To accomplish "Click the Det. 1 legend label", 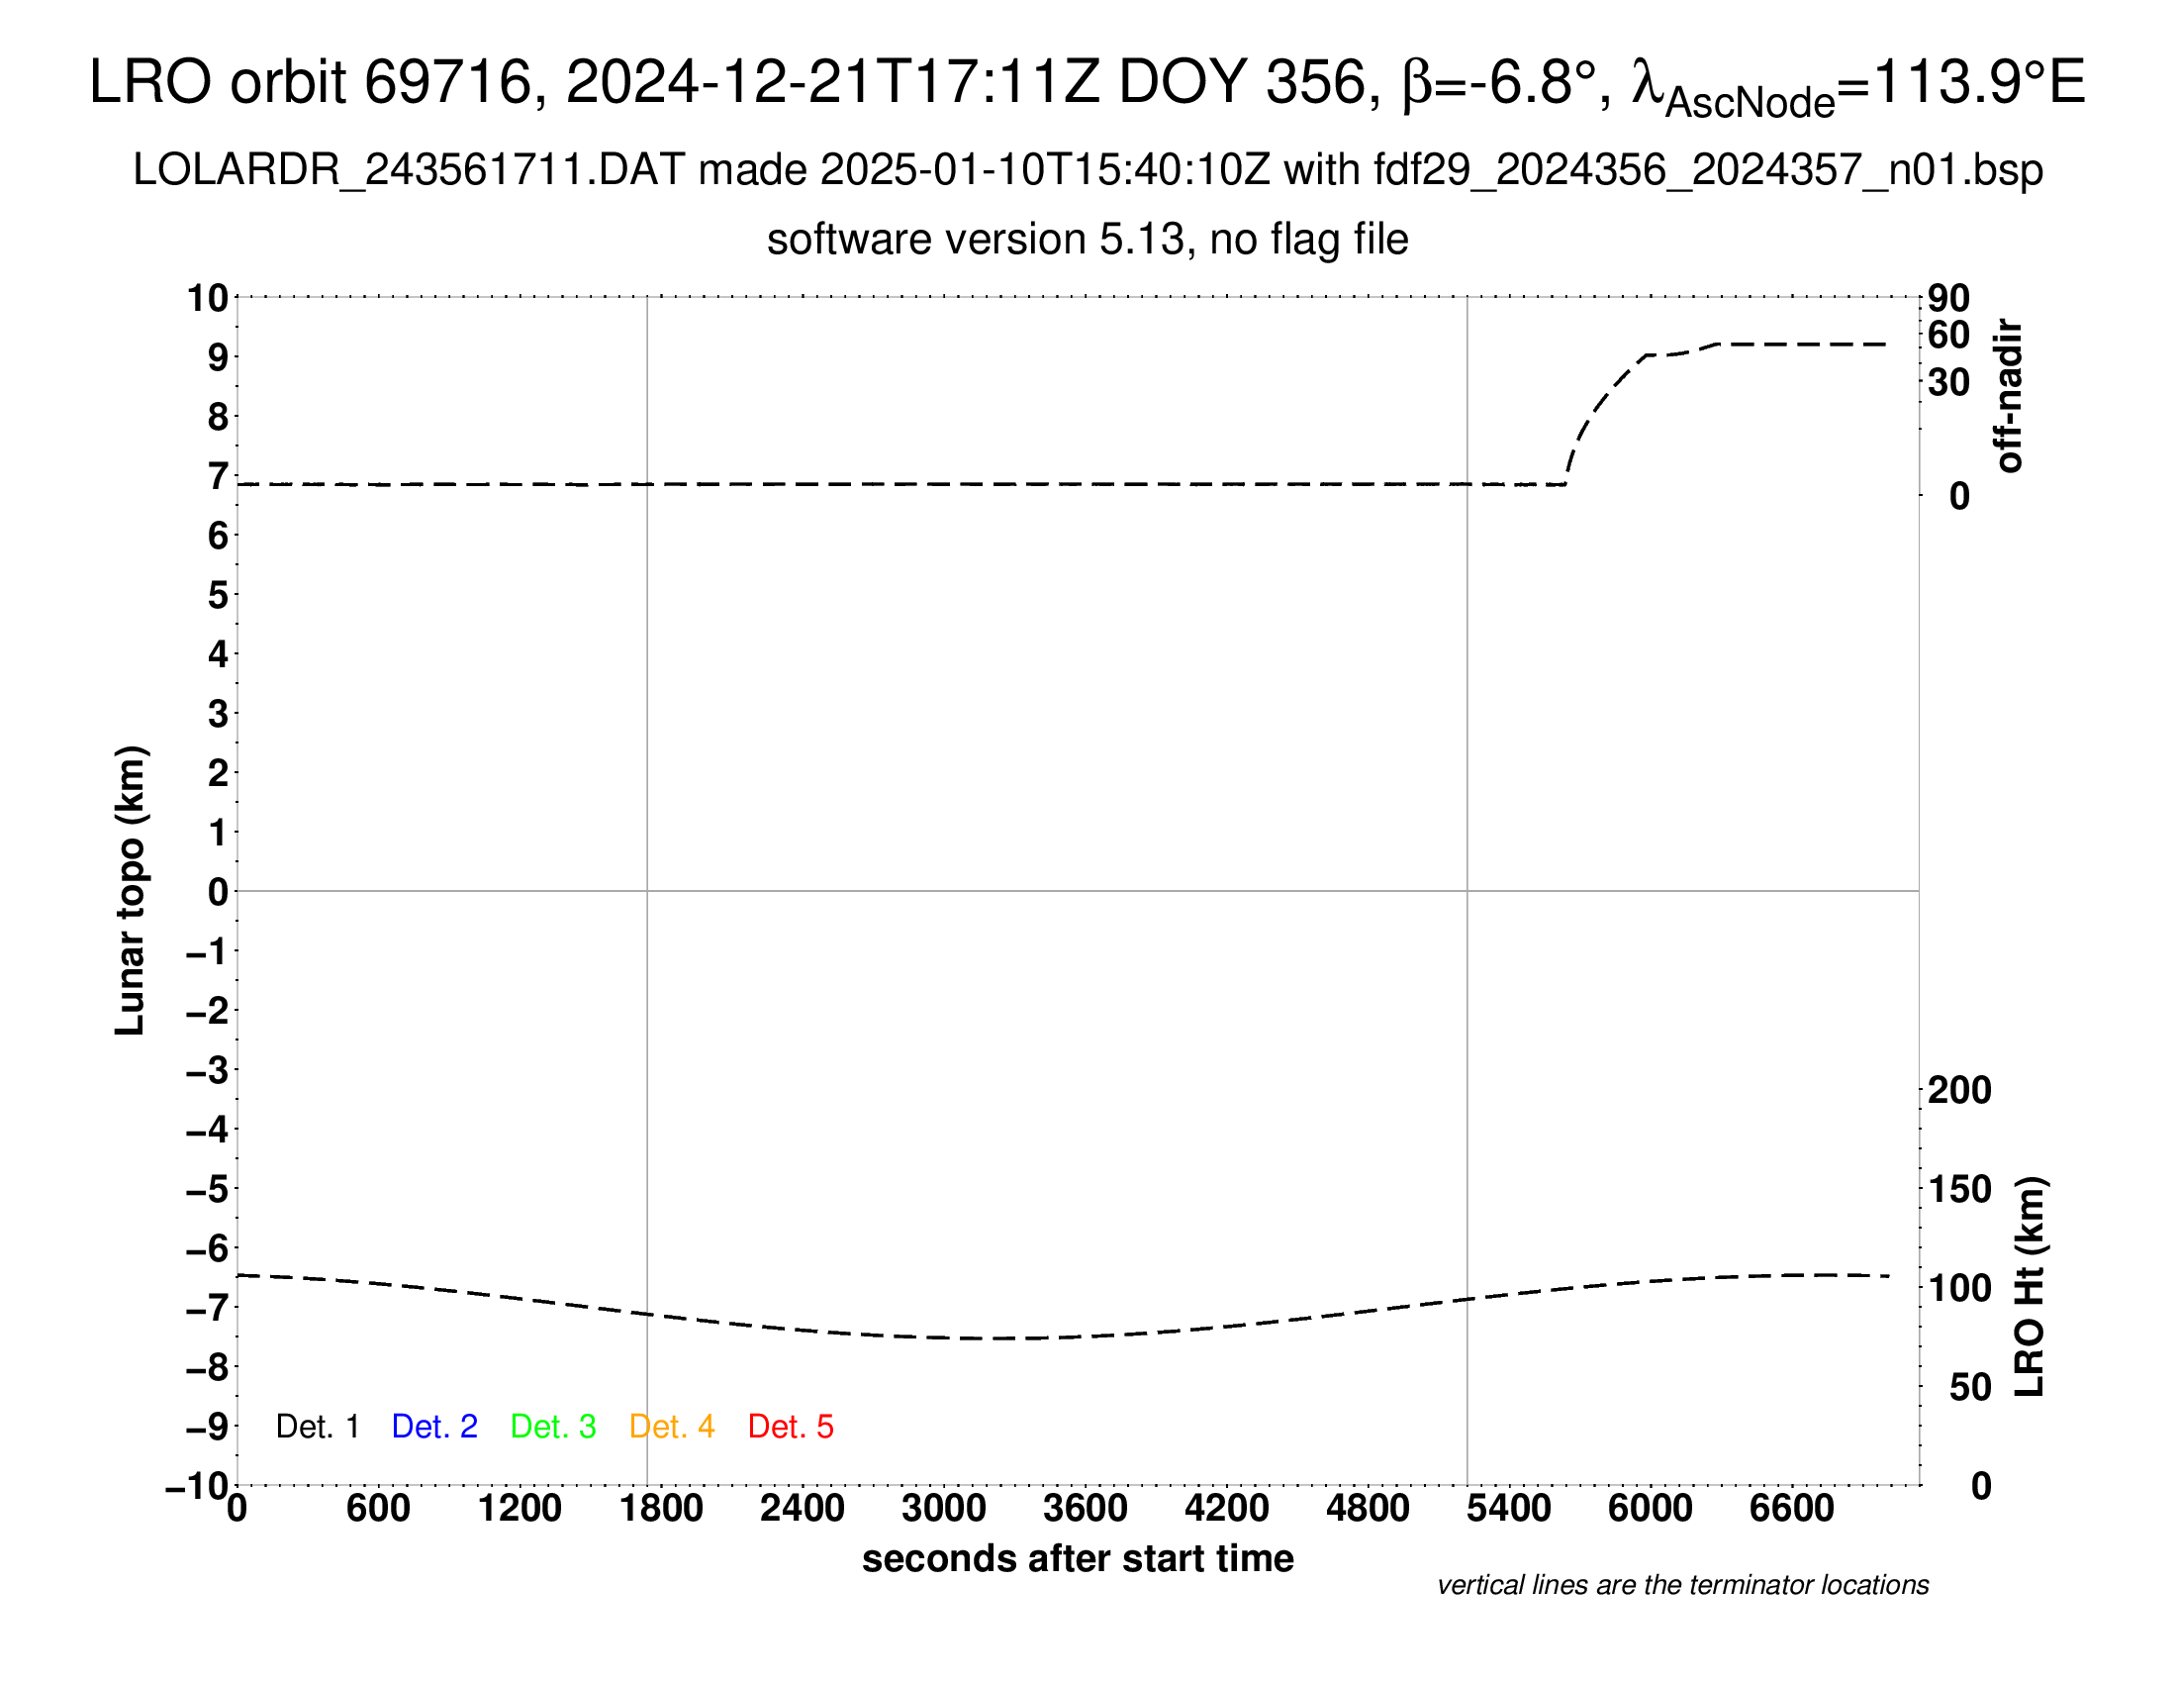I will pos(317,1427).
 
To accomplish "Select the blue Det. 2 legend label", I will pos(434,1427).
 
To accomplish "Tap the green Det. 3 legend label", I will pos(553,1427).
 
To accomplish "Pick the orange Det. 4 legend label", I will pos(672,1427).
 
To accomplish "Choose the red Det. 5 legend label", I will pos(791,1427).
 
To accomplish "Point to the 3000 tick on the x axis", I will pos(943,1508).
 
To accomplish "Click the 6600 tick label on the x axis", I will pos(1791,1508).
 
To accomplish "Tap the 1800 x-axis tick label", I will pos(661,1508).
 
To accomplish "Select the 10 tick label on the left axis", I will pos(209,297).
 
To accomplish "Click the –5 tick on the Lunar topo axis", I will pos(207,1189).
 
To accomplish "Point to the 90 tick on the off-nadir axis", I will pos(1948,298).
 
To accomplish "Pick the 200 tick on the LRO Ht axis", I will pos(1959,1091).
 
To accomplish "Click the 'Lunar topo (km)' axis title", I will pos(131,890).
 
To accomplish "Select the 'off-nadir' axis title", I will pos(2008,396).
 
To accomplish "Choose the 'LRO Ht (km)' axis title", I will pos(2030,1287).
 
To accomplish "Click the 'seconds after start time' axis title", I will pos(1078,1558).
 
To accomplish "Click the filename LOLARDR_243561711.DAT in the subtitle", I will pos(409,170).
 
